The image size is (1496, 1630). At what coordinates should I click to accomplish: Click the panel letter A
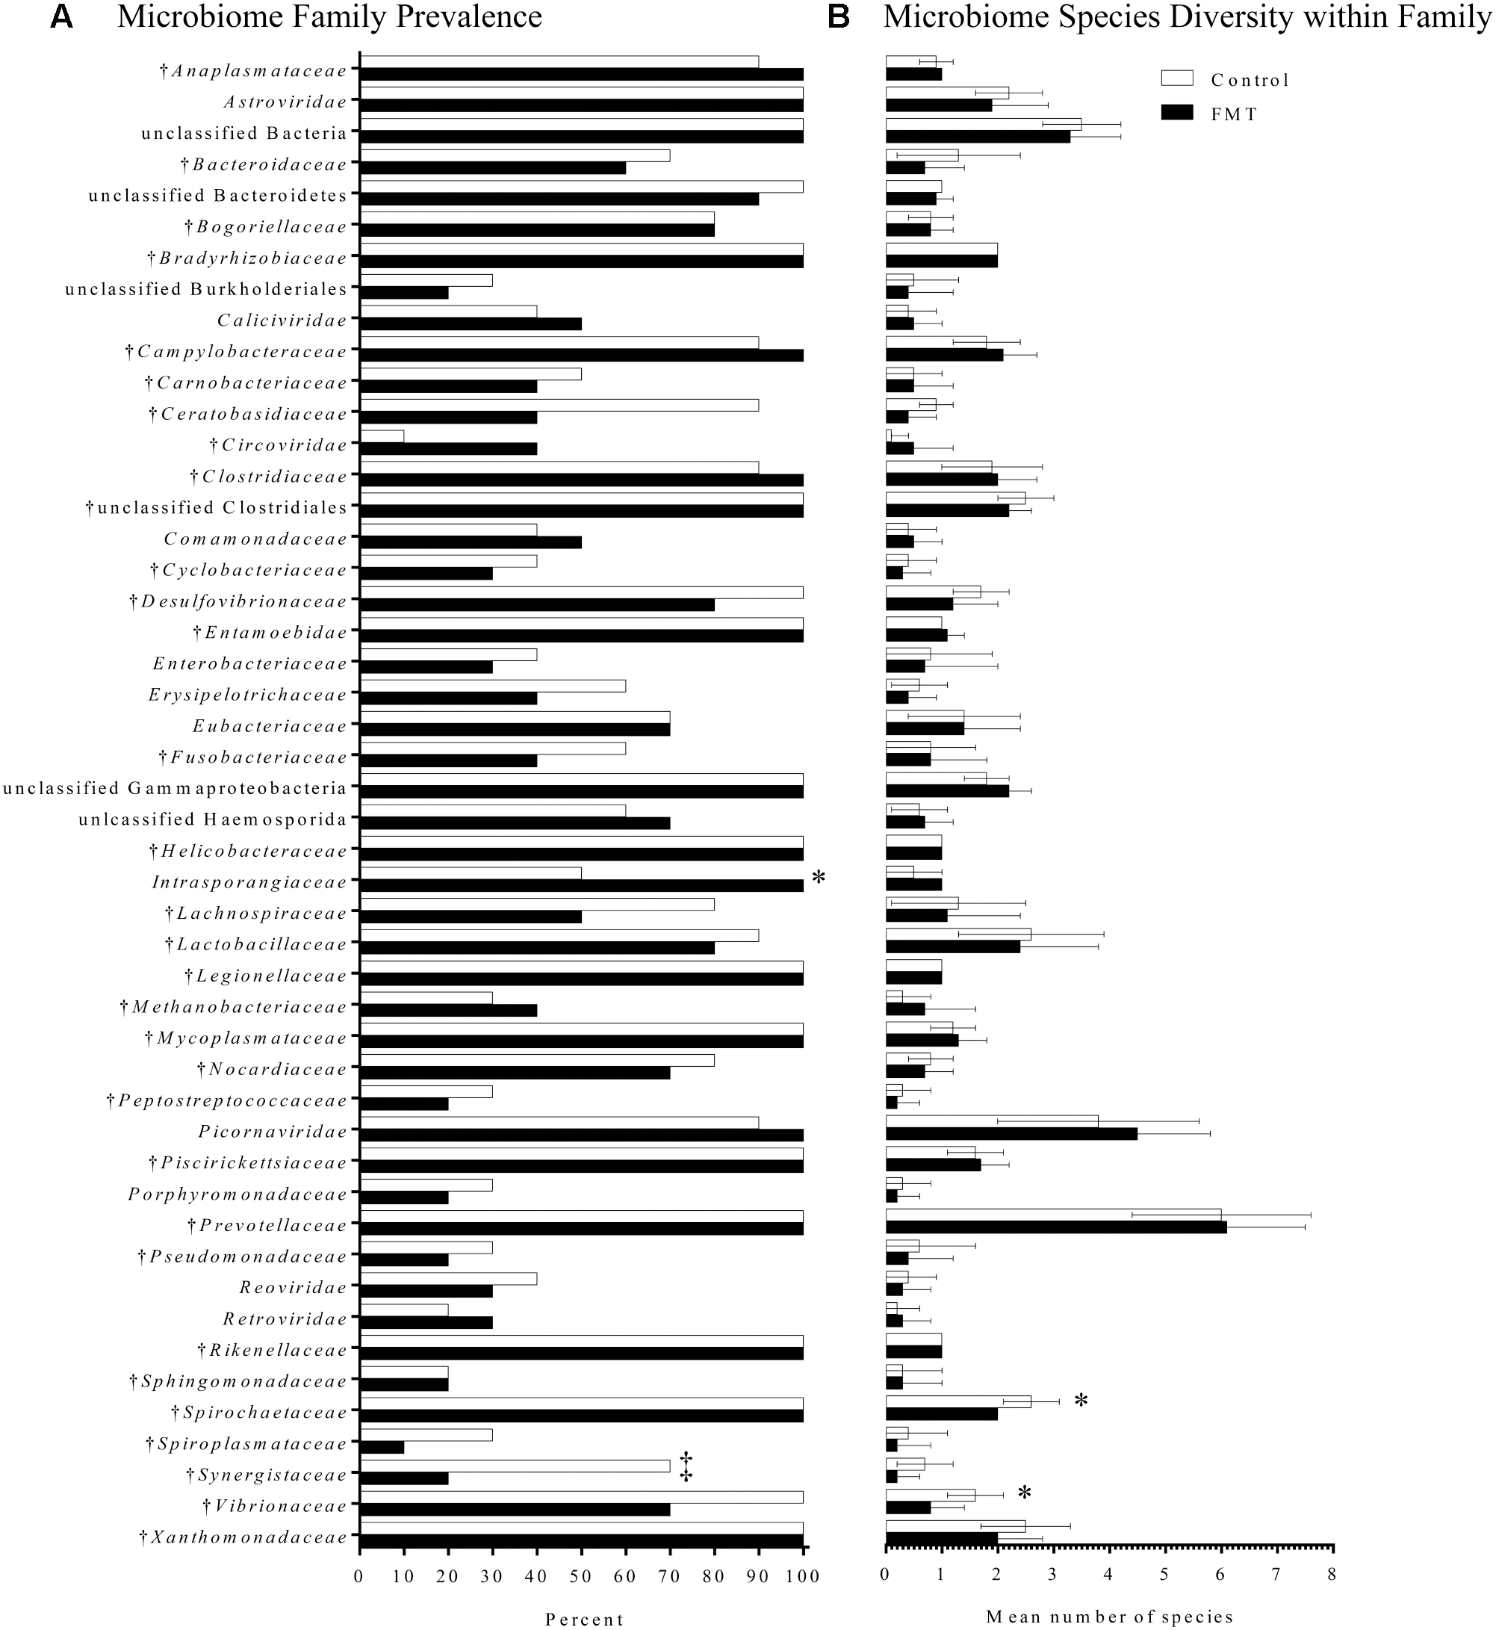61,17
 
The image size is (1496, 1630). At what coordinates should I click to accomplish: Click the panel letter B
839,17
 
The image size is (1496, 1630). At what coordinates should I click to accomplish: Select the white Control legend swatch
1177,78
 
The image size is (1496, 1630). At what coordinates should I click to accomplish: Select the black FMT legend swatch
1177,113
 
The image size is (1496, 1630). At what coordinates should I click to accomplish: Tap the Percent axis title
583,1619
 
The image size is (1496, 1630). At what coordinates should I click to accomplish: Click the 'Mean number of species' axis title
1109,1617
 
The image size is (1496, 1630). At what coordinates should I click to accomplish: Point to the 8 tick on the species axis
1332,1573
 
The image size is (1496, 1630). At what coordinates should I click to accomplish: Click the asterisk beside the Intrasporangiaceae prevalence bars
819,878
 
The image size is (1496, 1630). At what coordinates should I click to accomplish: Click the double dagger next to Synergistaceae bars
686,1466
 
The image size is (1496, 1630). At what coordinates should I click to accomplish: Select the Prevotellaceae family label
273,1225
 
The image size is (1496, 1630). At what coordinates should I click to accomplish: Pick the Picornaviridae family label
273,1131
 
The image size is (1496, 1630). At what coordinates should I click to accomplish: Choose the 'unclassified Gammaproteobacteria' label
175,788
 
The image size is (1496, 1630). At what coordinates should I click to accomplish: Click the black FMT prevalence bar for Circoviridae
448,449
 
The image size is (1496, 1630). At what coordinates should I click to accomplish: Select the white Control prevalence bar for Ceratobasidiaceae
559,405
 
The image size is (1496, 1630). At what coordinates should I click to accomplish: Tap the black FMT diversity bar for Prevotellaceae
1055,1227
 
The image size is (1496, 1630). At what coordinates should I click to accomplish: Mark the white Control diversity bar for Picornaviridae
992,1121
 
